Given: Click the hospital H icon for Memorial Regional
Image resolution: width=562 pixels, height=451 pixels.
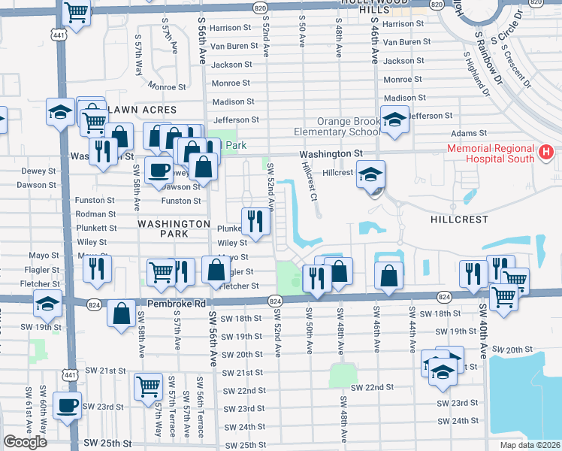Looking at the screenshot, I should pyautogui.click(x=546, y=153).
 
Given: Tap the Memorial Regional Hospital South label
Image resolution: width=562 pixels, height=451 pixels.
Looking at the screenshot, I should pyautogui.click(x=491, y=153).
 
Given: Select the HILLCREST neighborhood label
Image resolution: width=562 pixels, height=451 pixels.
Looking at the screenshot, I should pyautogui.click(x=459, y=219).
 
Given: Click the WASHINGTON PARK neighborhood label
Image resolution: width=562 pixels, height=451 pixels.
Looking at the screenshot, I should pyautogui.click(x=173, y=229).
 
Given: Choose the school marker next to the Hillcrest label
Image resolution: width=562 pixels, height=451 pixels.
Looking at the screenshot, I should pyautogui.click(x=370, y=174).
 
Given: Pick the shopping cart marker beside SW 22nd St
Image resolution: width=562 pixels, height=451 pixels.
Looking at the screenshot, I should pyautogui.click(x=148, y=386).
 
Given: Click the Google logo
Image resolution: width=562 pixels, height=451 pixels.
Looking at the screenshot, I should pyautogui.click(x=25, y=442).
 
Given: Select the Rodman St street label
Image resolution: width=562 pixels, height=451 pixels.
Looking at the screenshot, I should pyautogui.click(x=95, y=214).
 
